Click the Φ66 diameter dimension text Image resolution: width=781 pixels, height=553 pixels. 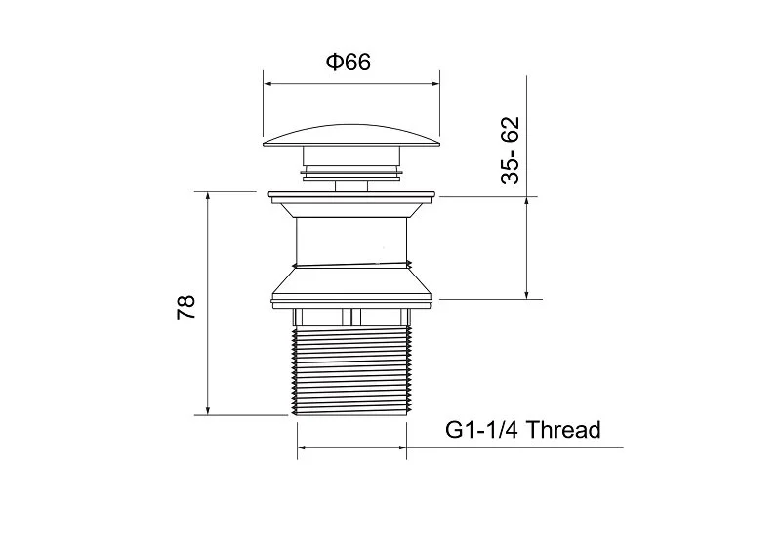click(348, 63)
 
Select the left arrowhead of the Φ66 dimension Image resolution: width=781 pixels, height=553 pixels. click(267, 83)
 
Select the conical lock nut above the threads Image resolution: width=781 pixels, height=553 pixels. click(351, 288)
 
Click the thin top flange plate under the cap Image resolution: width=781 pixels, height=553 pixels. click(351, 194)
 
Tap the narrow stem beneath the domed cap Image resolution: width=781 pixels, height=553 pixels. click(351, 181)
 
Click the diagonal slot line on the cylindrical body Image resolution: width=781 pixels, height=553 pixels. click(351, 263)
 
